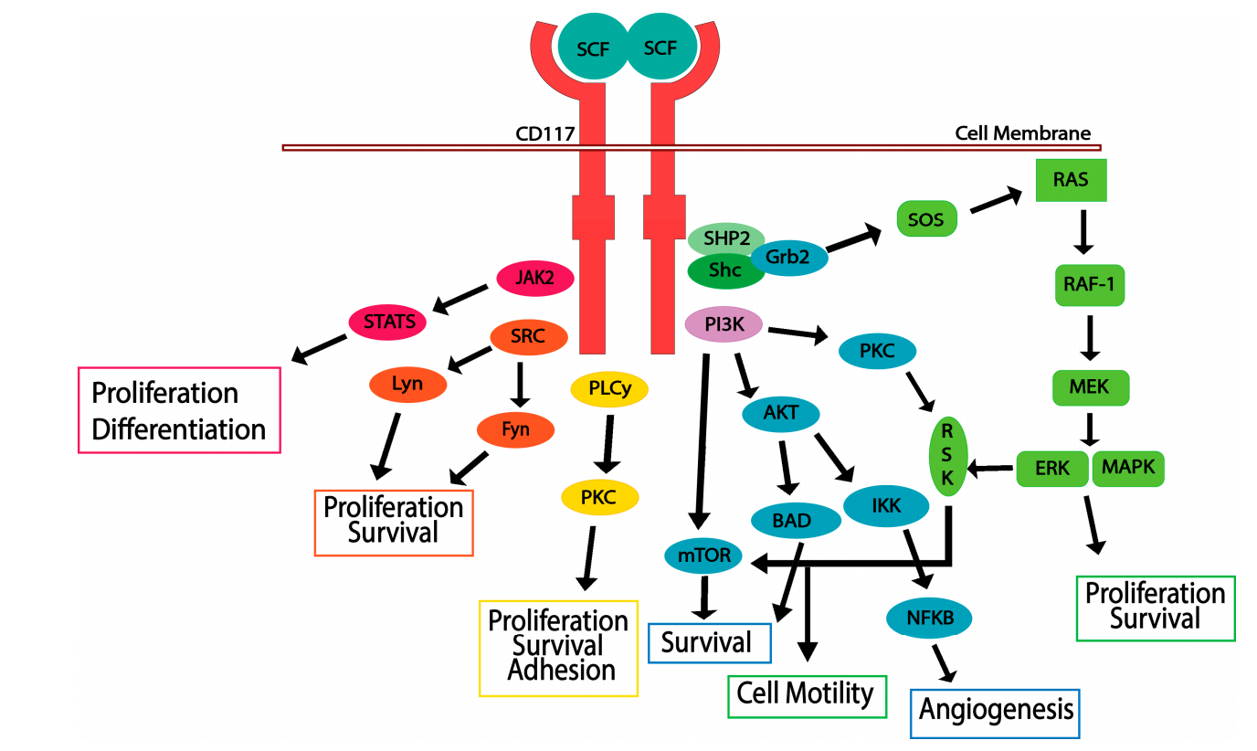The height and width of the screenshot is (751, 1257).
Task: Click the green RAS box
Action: tap(1071, 180)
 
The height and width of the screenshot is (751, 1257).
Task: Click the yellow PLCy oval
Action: tap(608, 390)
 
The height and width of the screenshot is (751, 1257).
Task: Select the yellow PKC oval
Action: tap(598, 498)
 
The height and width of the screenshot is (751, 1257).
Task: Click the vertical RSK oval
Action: tap(948, 454)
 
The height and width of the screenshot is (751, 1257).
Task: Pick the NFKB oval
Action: tap(929, 619)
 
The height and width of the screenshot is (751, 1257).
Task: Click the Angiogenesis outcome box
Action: tap(996, 711)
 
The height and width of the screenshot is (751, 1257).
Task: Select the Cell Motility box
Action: tap(806, 694)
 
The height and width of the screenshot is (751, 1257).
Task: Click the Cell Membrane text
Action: tap(1023, 133)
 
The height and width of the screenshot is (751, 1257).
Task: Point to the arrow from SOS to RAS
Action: tap(996, 202)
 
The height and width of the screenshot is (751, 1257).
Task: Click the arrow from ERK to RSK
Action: tap(990, 470)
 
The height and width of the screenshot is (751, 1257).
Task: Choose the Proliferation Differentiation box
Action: tap(179, 410)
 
